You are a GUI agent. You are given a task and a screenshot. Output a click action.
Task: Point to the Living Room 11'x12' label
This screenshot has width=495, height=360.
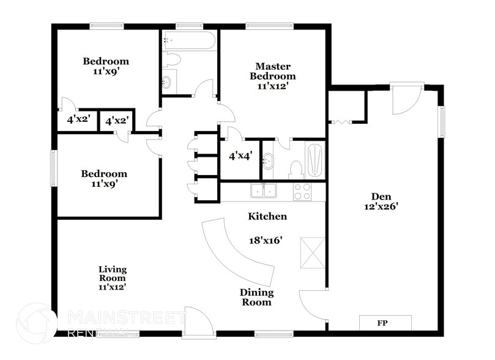[113, 277]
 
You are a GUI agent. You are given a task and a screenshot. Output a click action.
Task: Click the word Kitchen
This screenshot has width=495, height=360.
[267, 216]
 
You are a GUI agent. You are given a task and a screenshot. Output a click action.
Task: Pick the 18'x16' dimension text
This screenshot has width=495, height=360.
[264, 241]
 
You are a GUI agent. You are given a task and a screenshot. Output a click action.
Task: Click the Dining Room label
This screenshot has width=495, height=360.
[256, 297]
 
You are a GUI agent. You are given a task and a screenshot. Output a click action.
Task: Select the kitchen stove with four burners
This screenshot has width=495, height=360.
[302, 192]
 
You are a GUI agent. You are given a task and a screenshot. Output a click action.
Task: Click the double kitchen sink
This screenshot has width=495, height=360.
[265, 192]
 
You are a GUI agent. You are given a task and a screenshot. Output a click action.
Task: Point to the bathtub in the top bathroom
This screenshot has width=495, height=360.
[189, 42]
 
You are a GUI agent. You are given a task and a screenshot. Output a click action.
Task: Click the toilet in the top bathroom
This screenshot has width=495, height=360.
[173, 59]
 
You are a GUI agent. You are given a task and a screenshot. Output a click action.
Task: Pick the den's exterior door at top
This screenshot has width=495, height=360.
[404, 97]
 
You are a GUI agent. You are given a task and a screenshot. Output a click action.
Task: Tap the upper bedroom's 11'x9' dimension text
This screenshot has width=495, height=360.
[106, 71]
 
